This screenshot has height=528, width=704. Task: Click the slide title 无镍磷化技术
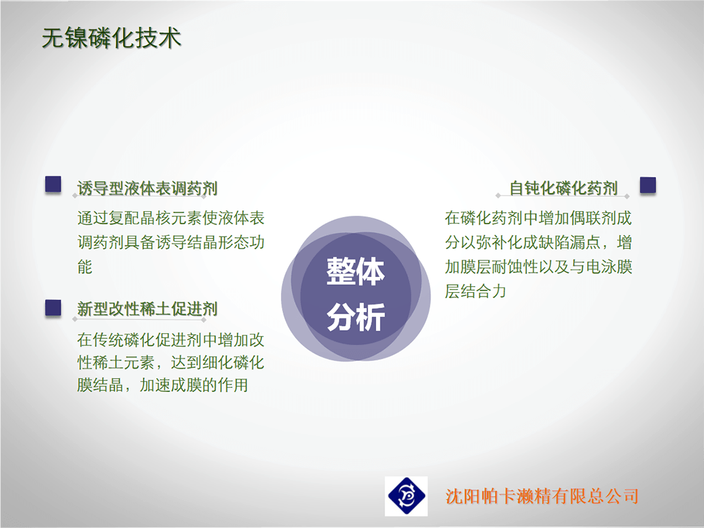[111, 38]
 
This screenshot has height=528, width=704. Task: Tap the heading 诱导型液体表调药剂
[147, 188]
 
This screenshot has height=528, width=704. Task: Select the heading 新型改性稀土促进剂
[147, 309]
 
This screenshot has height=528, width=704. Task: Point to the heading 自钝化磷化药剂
[563, 188]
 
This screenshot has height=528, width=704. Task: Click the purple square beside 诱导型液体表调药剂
[53, 184]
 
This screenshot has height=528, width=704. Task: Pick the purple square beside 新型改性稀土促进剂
[53, 308]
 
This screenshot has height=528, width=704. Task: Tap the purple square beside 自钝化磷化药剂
[647, 185]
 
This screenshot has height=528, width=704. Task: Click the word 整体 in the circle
[356, 272]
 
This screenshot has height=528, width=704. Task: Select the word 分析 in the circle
[356, 317]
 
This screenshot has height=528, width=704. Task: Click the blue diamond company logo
[406, 496]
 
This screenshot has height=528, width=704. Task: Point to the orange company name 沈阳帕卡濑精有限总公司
[542, 496]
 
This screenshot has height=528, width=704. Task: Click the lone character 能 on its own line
[85, 267]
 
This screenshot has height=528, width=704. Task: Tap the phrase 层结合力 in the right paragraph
[475, 291]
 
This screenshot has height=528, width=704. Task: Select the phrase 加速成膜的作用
[194, 385]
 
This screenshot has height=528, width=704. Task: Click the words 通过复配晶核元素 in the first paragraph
[139, 218]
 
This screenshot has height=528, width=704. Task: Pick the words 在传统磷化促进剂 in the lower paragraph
[139, 340]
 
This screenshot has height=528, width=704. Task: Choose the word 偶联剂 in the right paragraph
[594, 218]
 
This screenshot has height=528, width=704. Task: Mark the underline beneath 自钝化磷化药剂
[563, 196]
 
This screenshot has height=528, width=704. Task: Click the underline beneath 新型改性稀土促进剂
[139, 319]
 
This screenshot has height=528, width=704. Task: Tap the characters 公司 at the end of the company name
[623, 496]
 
